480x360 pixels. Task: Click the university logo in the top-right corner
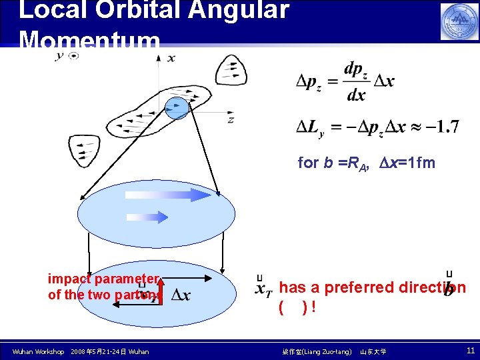tap(459, 22)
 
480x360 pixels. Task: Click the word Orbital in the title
tap(137, 11)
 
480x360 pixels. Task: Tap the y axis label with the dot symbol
tap(67, 56)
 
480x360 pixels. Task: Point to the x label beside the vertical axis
tap(171, 58)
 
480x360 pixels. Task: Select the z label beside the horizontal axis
tap(231, 119)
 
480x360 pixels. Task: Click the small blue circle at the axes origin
tap(177, 108)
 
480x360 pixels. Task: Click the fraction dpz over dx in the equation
tap(357, 81)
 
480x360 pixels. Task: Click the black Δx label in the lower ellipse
tap(181, 295)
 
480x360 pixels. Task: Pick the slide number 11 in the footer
tap(471, 351)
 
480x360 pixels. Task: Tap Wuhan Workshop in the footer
tap(38, 351)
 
